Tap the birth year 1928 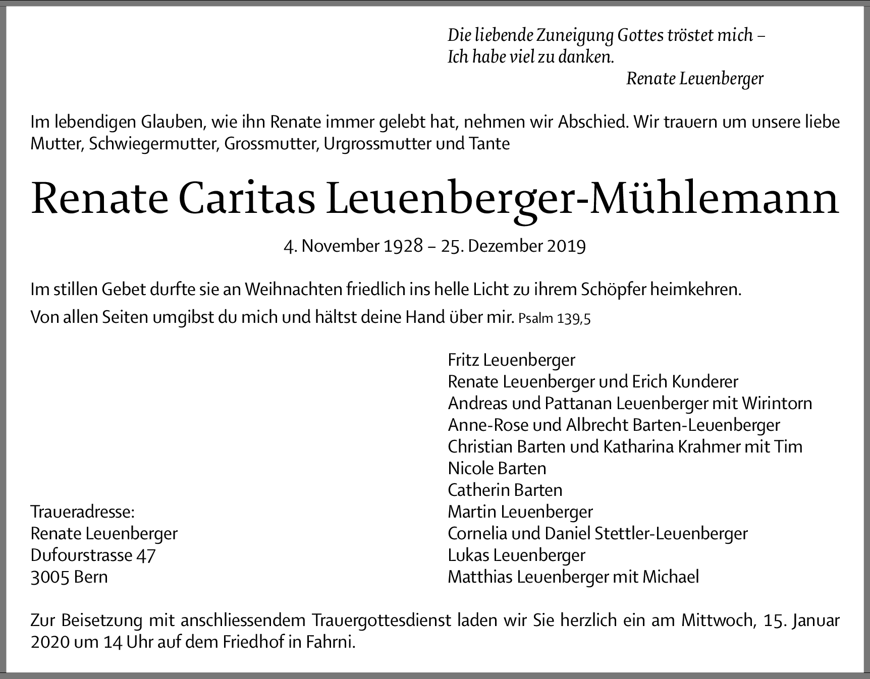click(x=403, y=246)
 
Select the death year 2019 click(x=565, y=246)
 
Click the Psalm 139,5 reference click(x=554, y=319)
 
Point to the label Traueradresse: click(x=83, y=512)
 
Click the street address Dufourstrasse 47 click(x=93, y=555)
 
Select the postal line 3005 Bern click(x=69, y=577)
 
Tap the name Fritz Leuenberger click(x=511, y=360)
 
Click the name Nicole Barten click(x=497, y=469)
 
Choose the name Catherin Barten click(x=505, y=490)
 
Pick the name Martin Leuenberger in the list click(x=520, y=512)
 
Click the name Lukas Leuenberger click(x=516, y=555)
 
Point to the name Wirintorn click(x=777, y=404)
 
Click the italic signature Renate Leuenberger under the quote click(x=694, y=79)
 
